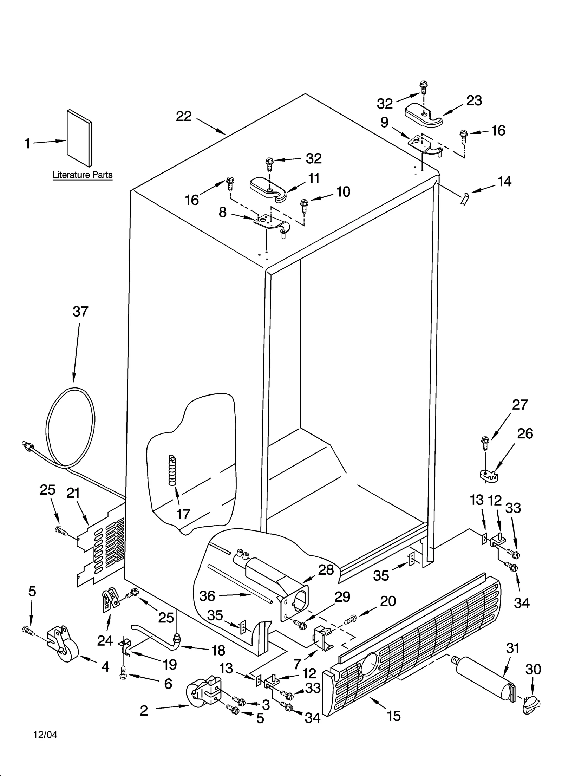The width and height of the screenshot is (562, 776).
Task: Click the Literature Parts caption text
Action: [x=83, y=175]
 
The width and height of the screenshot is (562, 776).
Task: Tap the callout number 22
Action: [x=184, y=116]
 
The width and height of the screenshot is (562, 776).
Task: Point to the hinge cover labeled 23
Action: [x=423, y=116]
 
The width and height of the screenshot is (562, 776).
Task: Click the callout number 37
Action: [x=80, y=312]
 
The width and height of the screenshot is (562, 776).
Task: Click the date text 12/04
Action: [x=45, y=735]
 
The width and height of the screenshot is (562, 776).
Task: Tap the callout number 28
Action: [x=326, y=570]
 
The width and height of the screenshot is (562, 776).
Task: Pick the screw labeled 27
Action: [x=485, y=444]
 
